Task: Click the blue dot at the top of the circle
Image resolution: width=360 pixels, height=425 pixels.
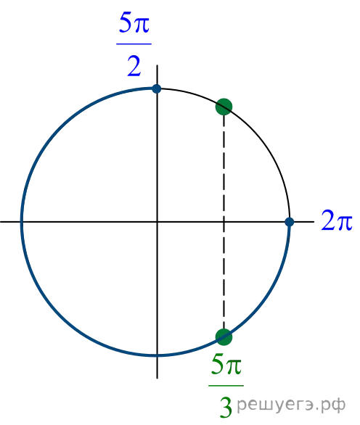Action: [x=157, y=88]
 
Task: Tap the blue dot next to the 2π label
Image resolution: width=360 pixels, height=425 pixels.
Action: [x=290, y=222]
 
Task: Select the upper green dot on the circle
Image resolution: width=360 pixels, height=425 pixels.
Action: [x=224, y=107]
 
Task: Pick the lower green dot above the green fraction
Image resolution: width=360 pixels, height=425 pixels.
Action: [x=224, y=337]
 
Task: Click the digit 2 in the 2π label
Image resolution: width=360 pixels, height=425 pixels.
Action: [x=329, y=220]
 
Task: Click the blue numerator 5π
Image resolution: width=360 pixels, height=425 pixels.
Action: [x=134, y=22]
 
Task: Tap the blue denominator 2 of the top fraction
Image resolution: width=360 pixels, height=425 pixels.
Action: [x=134, y=66]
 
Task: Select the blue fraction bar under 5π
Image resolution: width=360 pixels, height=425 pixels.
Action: [x=134, y=44]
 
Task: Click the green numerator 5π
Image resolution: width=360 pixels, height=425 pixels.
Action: [x=226, y=364]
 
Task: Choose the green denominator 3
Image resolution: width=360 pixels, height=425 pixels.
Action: [x=226, y=408]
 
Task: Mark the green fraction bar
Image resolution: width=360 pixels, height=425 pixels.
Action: [x=226, y=385]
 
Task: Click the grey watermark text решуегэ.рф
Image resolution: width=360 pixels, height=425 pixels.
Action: [x=291, y=405]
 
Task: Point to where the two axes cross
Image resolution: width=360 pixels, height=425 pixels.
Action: [x=157, y=222]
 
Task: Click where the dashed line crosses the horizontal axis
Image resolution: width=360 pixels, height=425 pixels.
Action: [x=224, y=222]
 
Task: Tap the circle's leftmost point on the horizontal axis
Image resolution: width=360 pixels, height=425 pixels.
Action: [x=22, y=222]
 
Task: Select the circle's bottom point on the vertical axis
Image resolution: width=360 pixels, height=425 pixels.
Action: [x=157, y=355]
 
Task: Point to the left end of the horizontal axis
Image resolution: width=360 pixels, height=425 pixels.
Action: [x=1, y=222]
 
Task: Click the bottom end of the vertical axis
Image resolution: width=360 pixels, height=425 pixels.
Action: [x=157, y=378]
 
